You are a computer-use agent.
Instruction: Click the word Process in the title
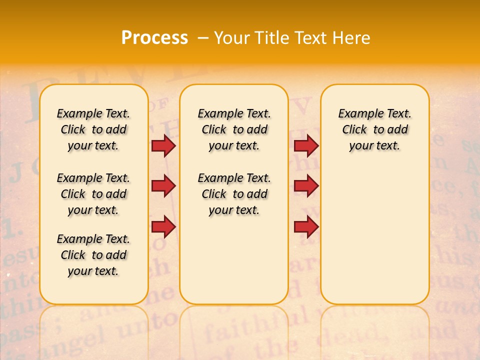154,37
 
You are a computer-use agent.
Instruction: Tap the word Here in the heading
352,37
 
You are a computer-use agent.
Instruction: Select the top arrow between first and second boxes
163,145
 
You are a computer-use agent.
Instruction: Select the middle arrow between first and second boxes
163,186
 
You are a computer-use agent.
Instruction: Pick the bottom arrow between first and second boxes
163,227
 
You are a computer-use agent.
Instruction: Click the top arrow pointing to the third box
306,145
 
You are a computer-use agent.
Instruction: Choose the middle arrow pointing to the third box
306,186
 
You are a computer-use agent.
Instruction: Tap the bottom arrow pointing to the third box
306,227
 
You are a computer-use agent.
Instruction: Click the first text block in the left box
93,129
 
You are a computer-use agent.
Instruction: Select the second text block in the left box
93,194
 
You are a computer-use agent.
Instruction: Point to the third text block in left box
93,255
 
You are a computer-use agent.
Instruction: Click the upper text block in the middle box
234,129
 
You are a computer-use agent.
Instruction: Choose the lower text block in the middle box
234,194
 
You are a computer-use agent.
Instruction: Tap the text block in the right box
374,129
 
